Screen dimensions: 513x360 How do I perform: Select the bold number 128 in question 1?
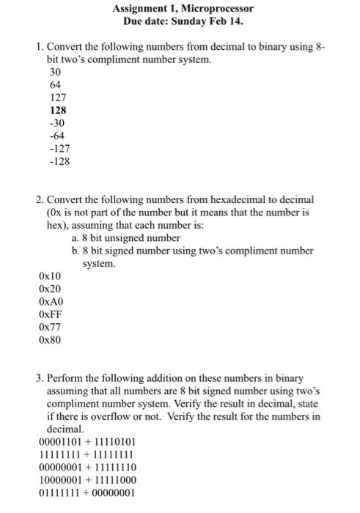tap(57, 110)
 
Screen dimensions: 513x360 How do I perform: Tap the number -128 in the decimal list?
tap(58, 162)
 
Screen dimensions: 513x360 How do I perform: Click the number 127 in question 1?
tap(57, 97)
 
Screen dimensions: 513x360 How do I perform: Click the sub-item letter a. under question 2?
tap(76, 238)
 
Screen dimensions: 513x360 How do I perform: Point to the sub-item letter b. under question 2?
tap(76, 251)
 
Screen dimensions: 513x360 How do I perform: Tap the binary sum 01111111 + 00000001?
tap(87, 492)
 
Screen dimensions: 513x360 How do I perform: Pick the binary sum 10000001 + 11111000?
tap(87, 480)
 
